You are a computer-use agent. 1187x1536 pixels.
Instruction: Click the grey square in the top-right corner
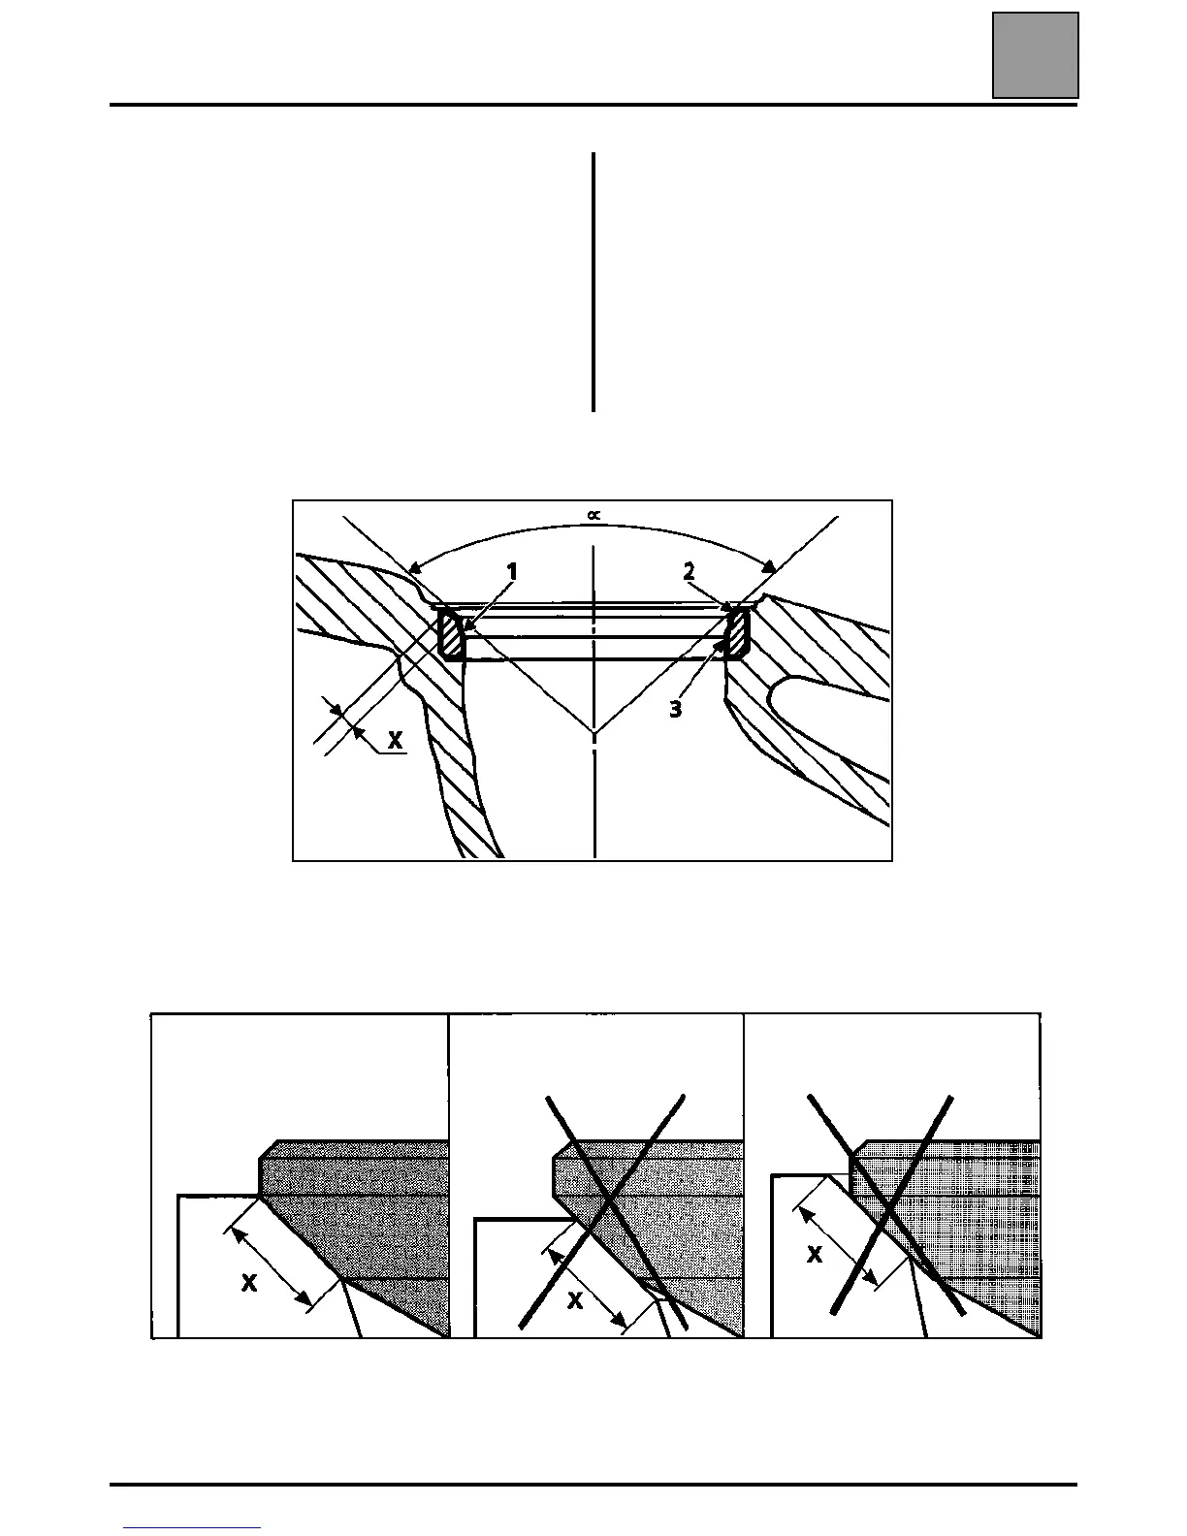click(1035, 55)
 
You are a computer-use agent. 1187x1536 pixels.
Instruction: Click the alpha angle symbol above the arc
click(593, 517)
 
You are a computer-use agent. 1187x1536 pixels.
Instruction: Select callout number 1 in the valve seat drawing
click(512, 573)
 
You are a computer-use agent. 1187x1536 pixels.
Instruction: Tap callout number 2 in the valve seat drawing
click(689, 571)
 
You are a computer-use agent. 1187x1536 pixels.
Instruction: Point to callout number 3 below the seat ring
click(675, 710)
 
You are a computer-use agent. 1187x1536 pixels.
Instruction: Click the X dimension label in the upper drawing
click(395, 741)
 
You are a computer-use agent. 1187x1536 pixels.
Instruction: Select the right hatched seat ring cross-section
click(737, 634)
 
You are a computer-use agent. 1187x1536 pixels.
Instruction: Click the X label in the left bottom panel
click(249, 1284)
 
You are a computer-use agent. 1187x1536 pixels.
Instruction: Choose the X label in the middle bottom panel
click(575, 1300)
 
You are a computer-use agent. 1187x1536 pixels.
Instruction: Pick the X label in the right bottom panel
click(815, 1255)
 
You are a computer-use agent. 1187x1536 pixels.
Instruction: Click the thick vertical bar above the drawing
click(593, 281)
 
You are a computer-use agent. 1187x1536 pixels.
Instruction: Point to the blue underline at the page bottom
click(193, 1527)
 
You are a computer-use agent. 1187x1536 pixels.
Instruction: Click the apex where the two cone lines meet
click(593, 732)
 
